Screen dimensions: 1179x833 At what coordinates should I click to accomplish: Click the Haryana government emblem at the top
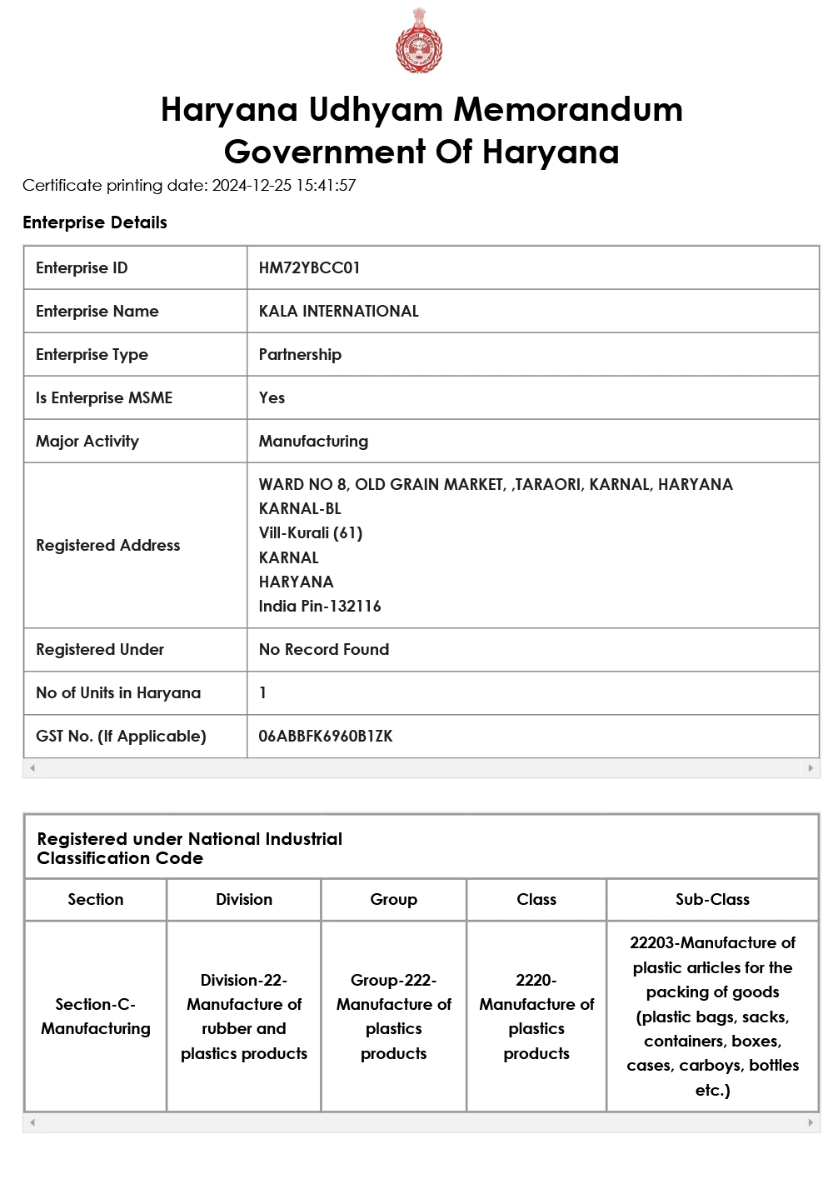tap(419, 42)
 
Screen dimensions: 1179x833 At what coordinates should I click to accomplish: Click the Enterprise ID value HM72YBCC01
tap(309, 267)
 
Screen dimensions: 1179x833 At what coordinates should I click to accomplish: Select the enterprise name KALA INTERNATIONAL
tap(338, 311)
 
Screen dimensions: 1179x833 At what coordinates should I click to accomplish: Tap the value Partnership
tap(300, 354)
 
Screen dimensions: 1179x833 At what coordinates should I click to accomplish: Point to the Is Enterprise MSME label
tap(104, 397)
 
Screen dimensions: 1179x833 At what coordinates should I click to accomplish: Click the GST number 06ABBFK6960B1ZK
tap(325, 736)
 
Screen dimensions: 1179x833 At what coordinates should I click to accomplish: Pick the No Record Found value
tap(323, 649)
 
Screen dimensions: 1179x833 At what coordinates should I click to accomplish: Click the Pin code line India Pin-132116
tap(320, 606)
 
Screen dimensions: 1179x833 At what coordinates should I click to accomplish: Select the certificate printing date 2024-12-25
tap(252, 185)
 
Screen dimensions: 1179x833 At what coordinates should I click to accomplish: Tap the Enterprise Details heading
tap(95, 222)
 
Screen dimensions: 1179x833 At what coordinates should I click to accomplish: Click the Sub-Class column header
tap(712, 899)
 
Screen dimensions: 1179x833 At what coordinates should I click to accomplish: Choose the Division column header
tap(244, 899)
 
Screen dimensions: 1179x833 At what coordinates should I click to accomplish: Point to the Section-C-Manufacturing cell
tap(96, 1017)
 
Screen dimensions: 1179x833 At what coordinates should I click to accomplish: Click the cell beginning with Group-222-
tap(393, 1017)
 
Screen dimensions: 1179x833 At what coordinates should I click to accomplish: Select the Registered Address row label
tap(108, 545)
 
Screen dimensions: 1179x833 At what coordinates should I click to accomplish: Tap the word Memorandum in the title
tap(567, 110)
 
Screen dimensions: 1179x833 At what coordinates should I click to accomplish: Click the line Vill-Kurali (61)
tap(311, 532)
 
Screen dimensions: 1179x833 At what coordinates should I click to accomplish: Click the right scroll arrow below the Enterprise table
tap(811, 768)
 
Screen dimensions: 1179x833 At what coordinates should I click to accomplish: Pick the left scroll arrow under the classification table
tap(32, 1122)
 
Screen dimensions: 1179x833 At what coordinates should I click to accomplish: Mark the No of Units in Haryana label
tap(118, 692)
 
